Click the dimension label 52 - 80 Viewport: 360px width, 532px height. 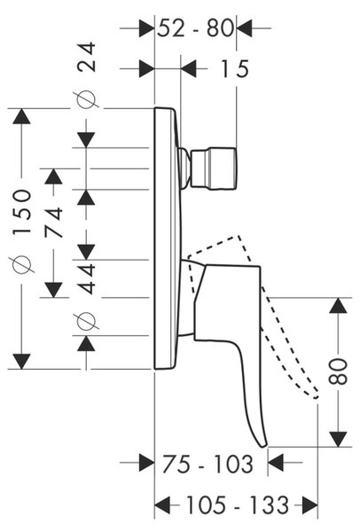tap(196, 27)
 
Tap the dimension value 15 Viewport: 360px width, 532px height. tap(235, 69)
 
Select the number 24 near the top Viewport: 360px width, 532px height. tap(87, 57)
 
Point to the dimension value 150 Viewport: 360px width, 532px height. tap(21, 212)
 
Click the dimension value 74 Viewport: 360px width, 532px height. tap(54, 223)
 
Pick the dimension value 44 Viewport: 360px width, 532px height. tap(87, 279)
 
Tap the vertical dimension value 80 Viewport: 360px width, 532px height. tap(339, 371)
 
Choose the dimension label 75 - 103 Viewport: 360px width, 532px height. tap(208, 464)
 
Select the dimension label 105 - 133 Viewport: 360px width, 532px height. tap(238, 505)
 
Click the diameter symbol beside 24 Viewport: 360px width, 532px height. tap(86, 99)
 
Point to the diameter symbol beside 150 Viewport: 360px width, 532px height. tap(22, 264)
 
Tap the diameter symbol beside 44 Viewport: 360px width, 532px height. tap(86, 321)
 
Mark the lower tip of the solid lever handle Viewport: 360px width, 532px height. tap(264, 445)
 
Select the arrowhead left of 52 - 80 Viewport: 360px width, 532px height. tap(146, 28)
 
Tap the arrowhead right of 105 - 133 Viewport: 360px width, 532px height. tap(310, 505)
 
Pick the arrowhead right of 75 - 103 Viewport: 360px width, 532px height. tap(275, 463)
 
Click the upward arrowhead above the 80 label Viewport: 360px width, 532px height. tap(339, 305)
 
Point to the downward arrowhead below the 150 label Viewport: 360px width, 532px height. tap(21, 362)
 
